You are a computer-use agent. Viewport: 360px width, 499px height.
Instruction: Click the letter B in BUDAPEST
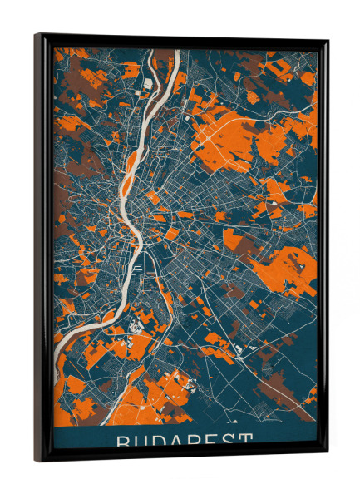[121, 440]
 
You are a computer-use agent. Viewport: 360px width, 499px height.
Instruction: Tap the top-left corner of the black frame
[36, 35]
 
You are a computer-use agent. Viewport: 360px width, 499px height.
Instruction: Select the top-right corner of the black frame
[328, 41]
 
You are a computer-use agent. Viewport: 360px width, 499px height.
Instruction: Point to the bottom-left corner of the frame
[36, 460]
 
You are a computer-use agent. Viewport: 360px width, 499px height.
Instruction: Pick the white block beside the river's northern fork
[148, 84]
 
